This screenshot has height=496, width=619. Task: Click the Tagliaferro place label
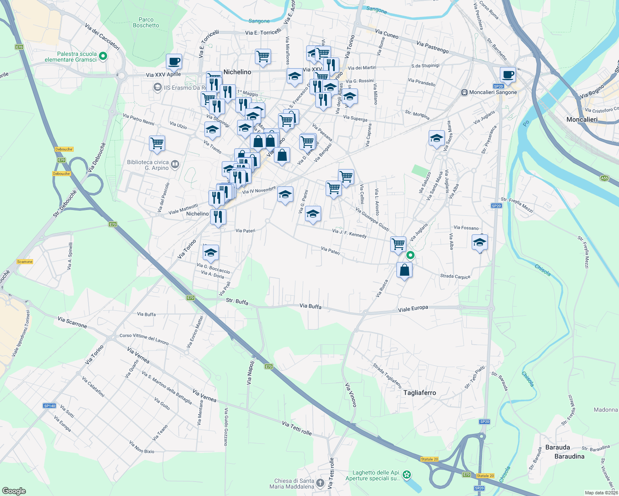420,393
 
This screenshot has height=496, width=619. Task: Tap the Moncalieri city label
582,119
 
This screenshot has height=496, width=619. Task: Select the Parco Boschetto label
146,22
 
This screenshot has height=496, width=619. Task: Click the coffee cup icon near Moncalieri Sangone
508,75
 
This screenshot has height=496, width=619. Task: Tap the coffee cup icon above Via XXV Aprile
174,61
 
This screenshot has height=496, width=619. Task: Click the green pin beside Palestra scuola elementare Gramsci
103,56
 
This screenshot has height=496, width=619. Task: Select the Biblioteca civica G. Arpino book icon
175,165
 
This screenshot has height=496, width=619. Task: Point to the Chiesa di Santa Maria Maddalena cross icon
320,483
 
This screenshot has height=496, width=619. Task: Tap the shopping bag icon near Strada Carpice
404,270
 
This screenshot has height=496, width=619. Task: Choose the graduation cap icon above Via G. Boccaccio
211,253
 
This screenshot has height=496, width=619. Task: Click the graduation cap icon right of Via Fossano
479,242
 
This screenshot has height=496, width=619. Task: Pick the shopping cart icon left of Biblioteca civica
157,143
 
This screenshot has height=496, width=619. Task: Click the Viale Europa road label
413,309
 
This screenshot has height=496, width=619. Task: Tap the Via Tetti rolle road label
297,428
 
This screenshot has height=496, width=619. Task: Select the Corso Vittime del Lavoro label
144,339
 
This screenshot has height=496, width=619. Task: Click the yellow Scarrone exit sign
25,262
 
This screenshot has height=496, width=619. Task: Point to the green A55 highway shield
605,178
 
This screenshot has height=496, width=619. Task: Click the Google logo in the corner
14,491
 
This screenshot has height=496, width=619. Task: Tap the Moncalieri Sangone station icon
464,93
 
